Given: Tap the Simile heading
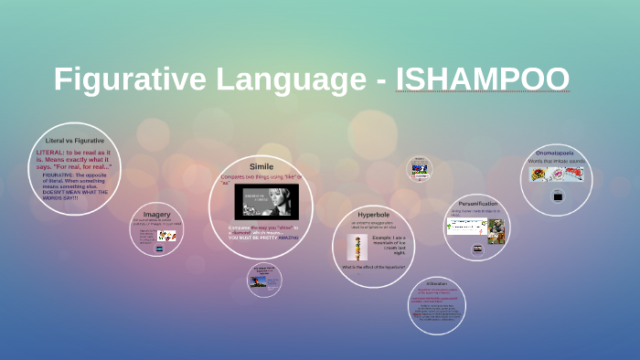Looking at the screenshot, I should point(261,166).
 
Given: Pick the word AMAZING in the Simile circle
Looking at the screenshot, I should point(289,237).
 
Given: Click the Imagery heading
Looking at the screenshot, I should point(156,214).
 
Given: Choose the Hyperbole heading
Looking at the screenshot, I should point(373,213).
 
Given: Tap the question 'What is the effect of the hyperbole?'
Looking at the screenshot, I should point(373,267).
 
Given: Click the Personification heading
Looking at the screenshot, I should point(477,203).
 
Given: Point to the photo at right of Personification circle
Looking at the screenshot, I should point(496,231).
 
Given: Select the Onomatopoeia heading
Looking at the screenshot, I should point(554,154).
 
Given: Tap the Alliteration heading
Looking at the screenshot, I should point(436,283).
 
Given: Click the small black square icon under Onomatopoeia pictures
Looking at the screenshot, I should point(557,196).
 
